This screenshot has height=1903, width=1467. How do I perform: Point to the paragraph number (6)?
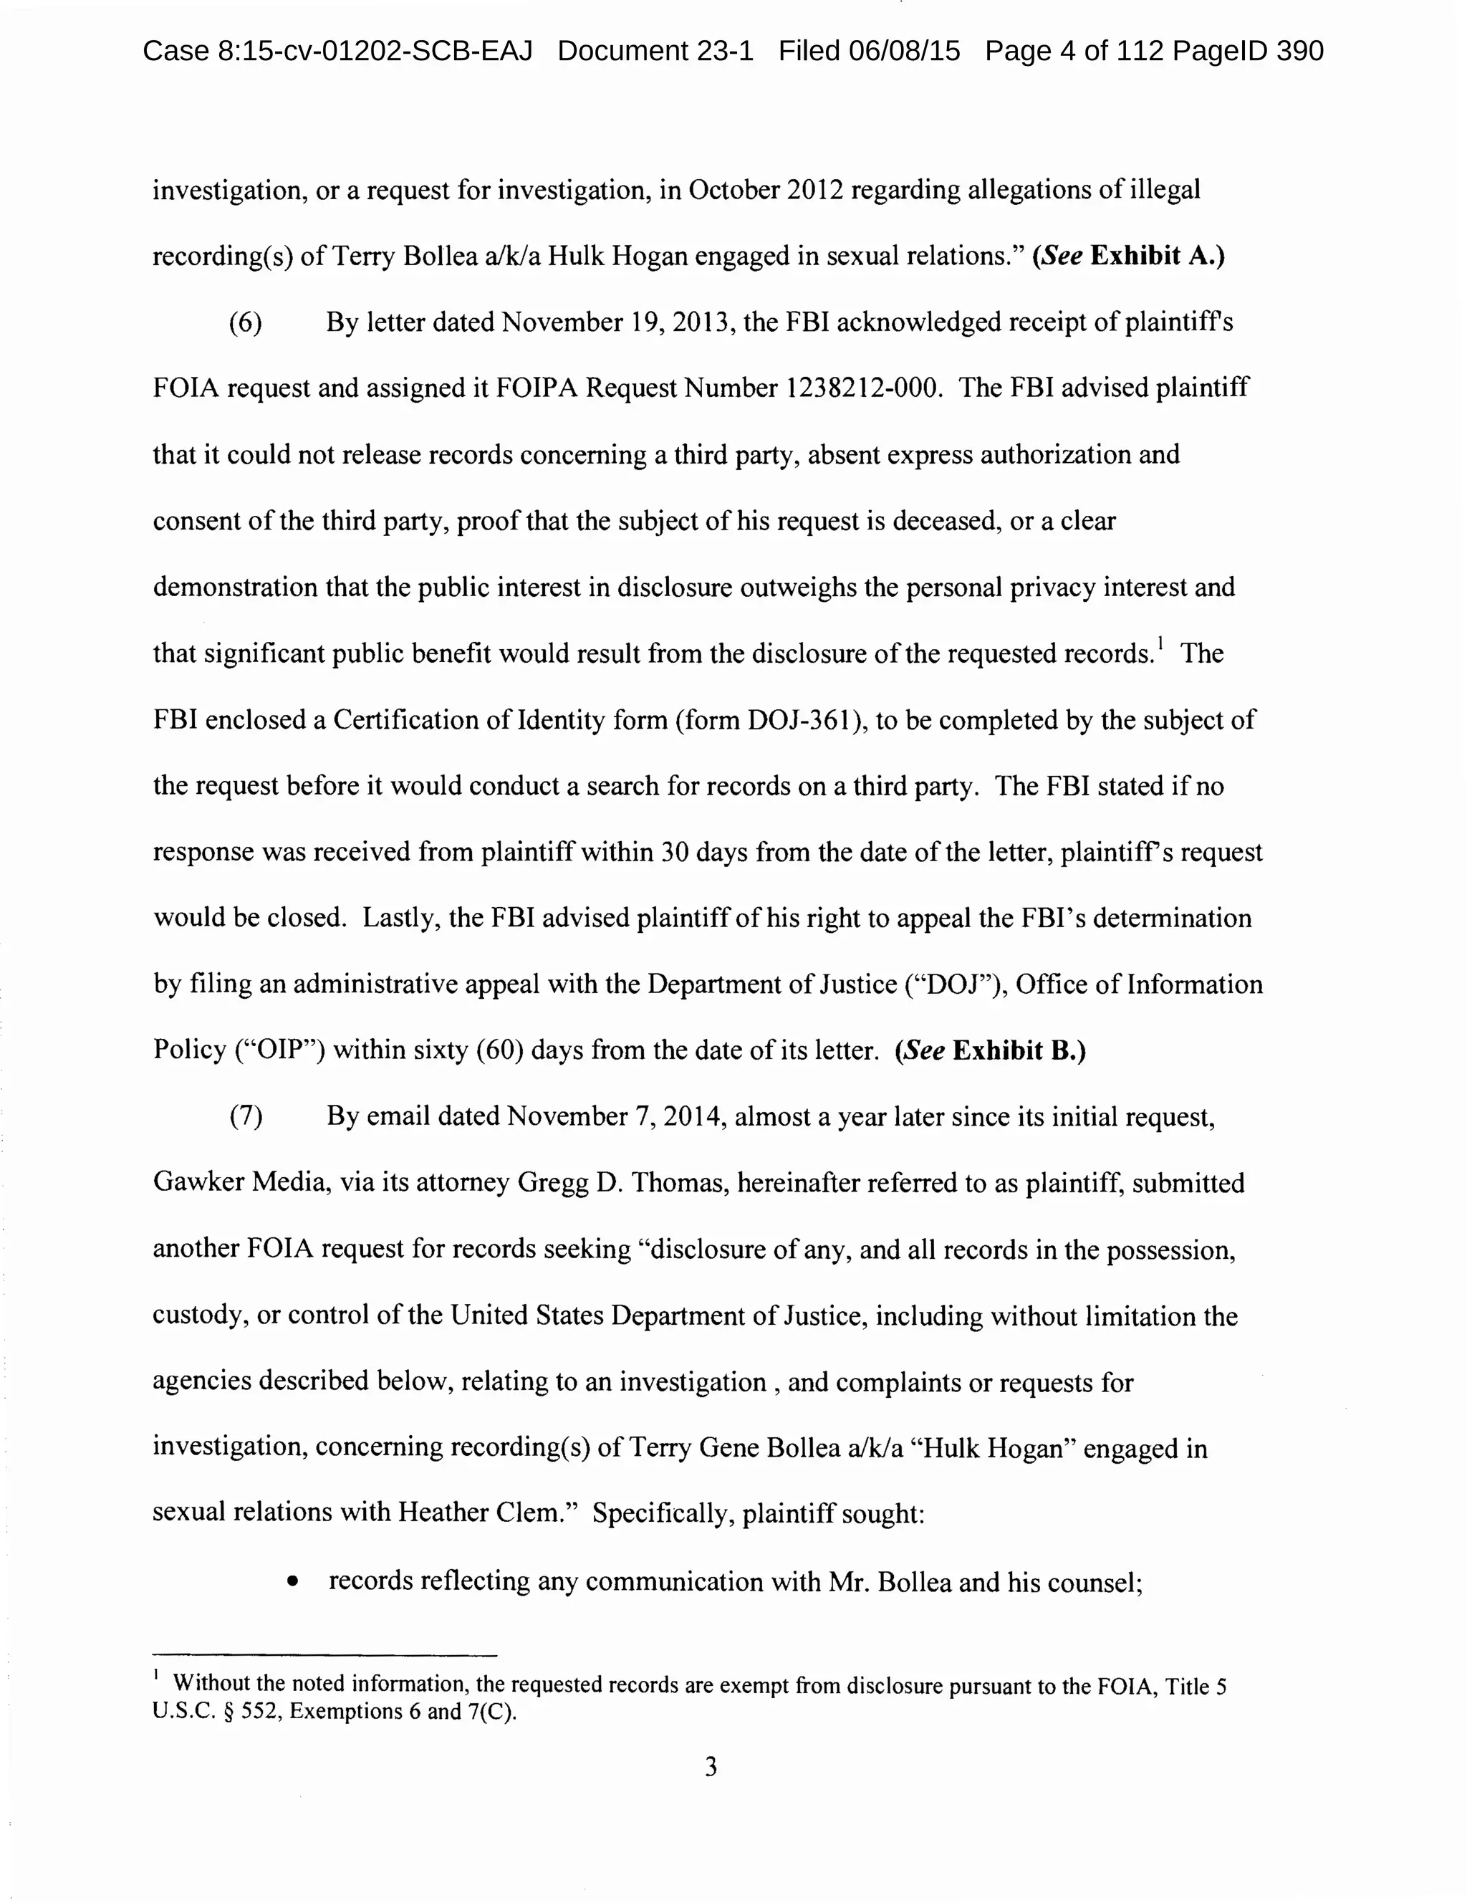coord(246,322)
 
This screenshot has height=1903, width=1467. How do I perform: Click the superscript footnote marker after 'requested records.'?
coord(1160,645)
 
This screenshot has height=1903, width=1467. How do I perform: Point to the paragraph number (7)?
coord(246,1117)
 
